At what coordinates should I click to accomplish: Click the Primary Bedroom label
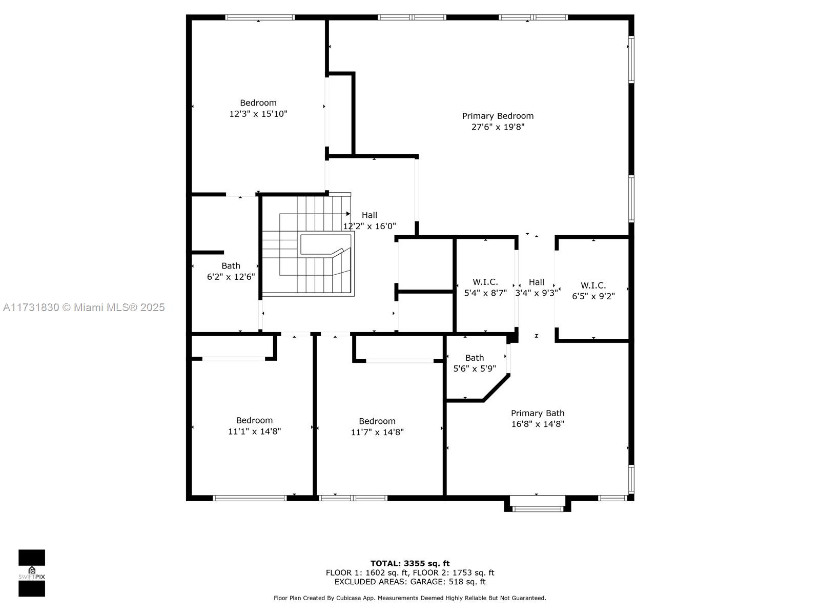coord(498,116)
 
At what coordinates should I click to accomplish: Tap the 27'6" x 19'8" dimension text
coord(498,127)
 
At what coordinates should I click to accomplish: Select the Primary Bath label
coord(537,413)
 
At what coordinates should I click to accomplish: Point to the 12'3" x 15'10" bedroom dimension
coord(258,114)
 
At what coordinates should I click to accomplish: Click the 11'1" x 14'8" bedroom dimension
coord(254,432)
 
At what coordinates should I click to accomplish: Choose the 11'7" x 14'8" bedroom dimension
coord(377,432)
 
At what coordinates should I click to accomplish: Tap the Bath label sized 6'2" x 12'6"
coord(231,266)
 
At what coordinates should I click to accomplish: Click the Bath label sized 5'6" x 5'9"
coord(475,358)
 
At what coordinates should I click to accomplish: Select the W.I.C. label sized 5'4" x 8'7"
coord(485,282)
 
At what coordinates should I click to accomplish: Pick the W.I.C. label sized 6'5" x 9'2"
coord(593,285)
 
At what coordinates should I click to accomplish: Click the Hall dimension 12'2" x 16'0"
coord(370,227)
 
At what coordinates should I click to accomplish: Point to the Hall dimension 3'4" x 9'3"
coord(537,293)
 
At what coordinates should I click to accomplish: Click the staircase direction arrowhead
coord(348,214)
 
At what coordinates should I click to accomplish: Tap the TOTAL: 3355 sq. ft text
coord(410,563)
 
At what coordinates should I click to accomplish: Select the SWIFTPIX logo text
coord(32,577)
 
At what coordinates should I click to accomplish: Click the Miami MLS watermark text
coord(84,307)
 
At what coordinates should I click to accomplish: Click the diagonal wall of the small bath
coord(497,387)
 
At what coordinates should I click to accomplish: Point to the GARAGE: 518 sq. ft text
coord(448,582)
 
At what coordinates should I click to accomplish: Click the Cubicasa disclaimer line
coord(410,598)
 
